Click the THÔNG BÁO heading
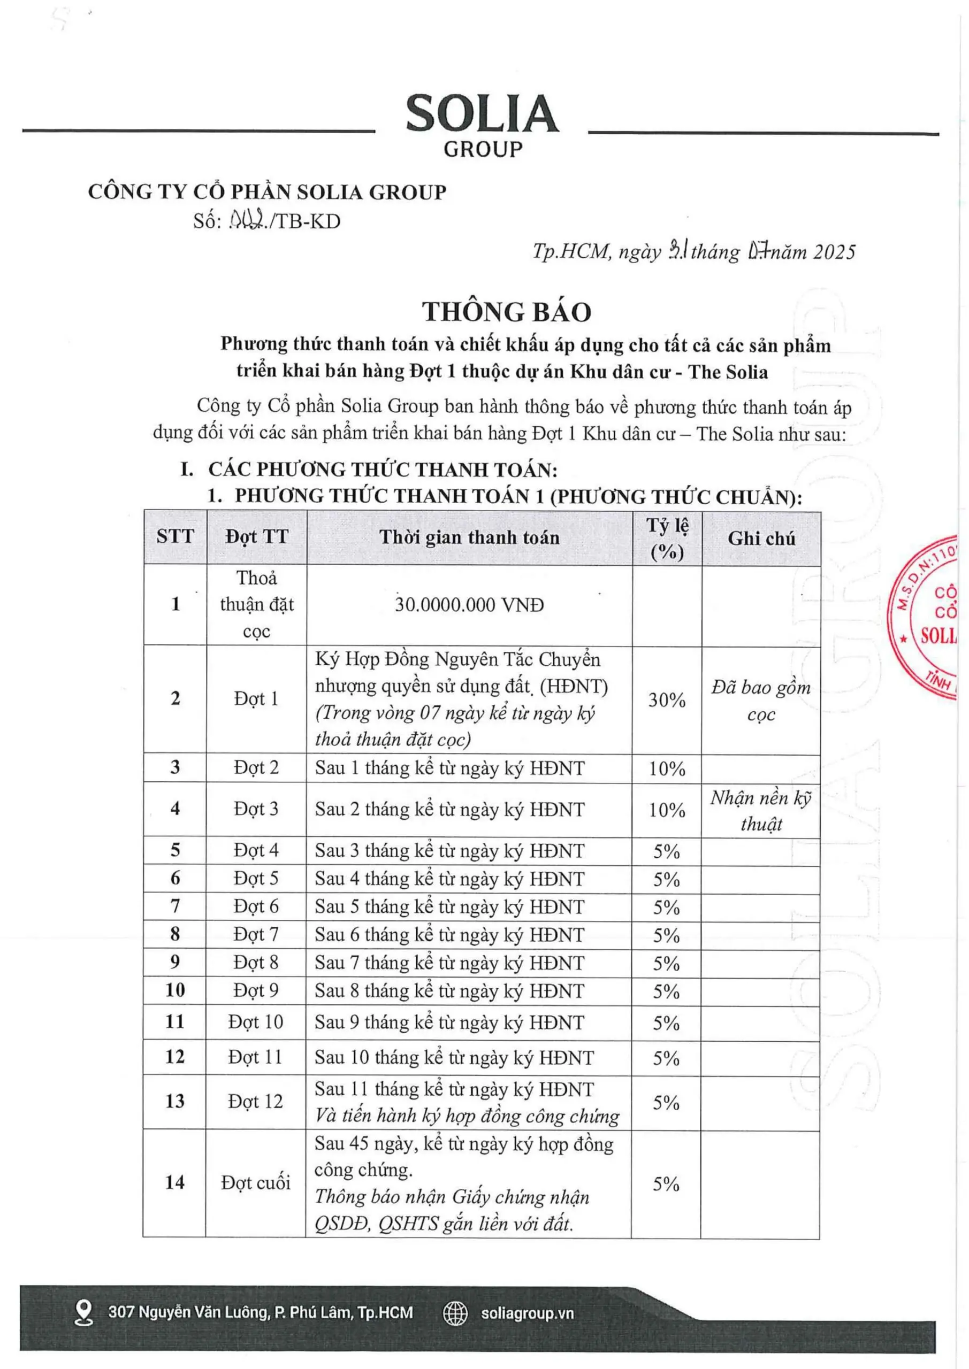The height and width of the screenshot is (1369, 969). click(x=507, y=312)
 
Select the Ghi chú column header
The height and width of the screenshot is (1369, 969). click(x=761, y=539)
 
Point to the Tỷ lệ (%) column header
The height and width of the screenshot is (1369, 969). click(x=667, y=539)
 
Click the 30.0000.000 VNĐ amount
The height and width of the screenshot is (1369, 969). click(x=469, y=605)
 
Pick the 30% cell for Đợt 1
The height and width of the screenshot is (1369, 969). click(x=667, y=699)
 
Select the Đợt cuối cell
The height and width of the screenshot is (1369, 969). click(x=255, y=1182)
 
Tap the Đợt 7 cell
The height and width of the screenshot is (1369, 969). click(x=256, y=934)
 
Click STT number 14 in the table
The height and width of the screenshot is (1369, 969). click(x=174, y=1182)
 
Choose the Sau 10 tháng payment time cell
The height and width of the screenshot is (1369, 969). click(x=454, y=1057)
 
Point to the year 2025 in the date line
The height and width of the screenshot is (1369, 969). click(x=834, y=252)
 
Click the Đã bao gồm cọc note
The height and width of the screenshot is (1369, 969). click(x=761, y=700)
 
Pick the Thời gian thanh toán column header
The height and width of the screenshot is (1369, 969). click(x=469, y=538)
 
